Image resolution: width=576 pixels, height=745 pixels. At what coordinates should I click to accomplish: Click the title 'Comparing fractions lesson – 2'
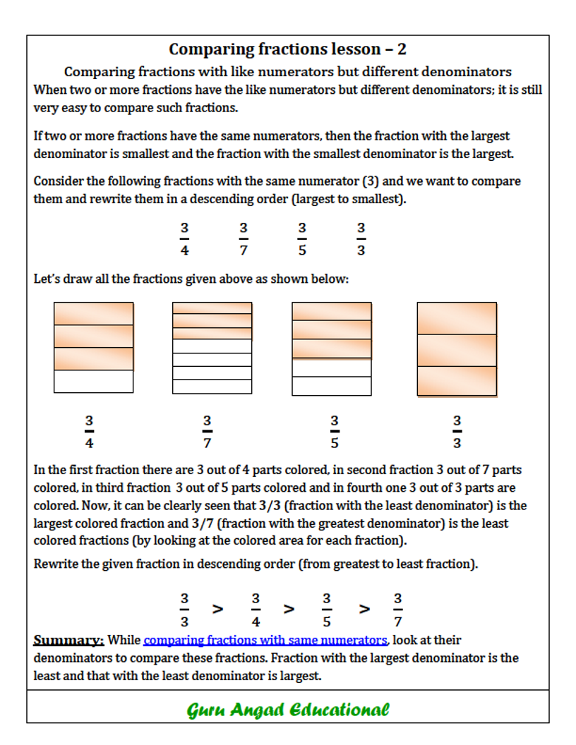(x=287, y=49)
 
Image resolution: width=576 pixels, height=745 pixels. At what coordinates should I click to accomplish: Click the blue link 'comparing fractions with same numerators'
(x=265, y=640)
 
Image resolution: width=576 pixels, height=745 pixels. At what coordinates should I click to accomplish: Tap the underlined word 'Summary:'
(x=68, y=641)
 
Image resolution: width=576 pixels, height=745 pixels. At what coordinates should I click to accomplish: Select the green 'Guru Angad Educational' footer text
(x=288, y=709)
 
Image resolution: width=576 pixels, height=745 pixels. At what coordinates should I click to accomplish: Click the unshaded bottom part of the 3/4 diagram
(x=93, y=381)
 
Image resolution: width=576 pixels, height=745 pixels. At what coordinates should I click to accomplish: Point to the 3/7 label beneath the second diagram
(x=207, y=432)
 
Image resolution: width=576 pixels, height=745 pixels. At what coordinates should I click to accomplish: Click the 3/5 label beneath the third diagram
(x=335, y=432)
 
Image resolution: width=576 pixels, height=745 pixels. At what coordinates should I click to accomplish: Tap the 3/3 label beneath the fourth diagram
(x=457, y=432)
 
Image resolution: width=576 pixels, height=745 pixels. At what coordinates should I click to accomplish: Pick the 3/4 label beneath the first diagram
(x=90, y=432)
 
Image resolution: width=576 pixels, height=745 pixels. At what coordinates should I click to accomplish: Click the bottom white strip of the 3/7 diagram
(x=212, y=387)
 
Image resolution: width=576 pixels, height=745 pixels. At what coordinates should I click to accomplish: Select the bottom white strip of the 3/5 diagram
(x=331, y=386)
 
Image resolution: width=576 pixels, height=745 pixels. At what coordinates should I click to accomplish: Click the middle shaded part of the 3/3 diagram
(x=457, y=350)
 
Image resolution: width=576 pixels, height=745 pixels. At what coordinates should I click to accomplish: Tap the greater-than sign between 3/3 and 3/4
(x=218, y=609)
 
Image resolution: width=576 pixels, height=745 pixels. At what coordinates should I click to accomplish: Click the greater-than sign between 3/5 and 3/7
(x=364, y=609)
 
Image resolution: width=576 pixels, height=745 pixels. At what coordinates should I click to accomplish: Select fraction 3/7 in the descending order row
(x=398, y=610)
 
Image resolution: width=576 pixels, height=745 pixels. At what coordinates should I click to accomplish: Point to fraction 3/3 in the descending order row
(x=184, y=610)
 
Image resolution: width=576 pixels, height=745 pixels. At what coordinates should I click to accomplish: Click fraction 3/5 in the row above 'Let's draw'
(x=302, y=238)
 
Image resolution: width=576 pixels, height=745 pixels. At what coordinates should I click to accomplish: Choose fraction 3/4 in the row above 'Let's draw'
(x=184, y=238)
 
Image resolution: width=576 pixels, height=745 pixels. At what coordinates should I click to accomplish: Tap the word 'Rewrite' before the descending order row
(x=56, y=564)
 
